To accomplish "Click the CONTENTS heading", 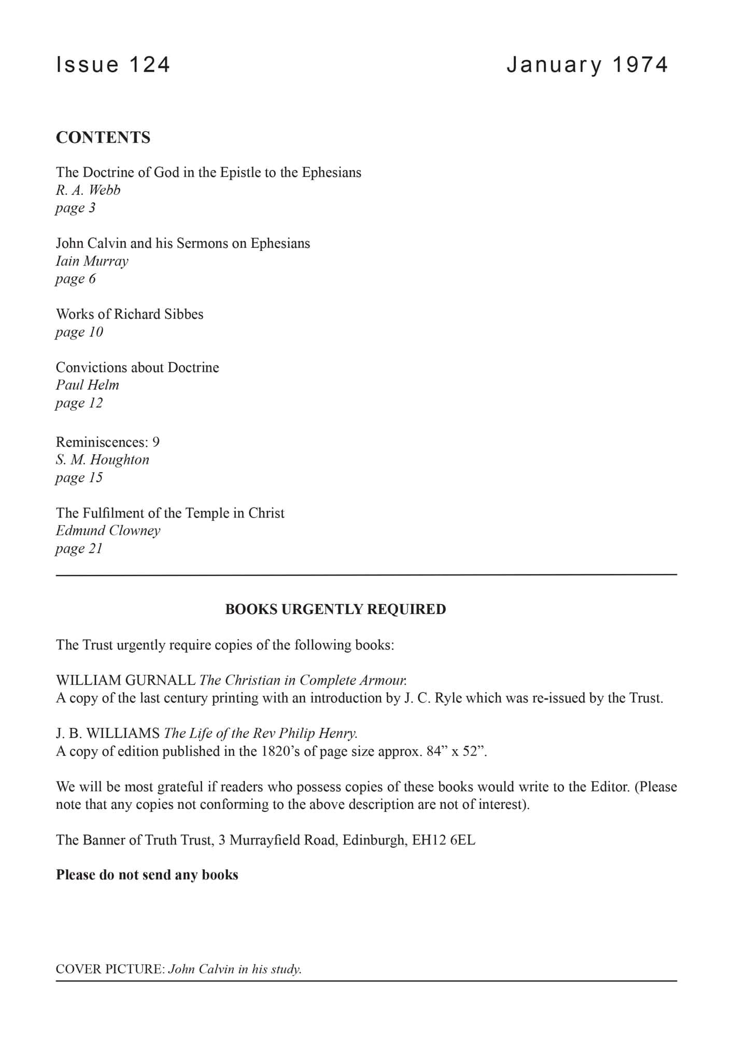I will [103, 137].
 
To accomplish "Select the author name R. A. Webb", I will [88, 190].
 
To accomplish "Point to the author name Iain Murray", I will [92, 261].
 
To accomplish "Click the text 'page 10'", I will [79, 332].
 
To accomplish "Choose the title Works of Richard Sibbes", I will [130, 314].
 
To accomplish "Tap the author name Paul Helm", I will [88, 385].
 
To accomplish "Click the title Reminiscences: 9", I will [108, 442].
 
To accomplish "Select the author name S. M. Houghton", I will [103, 460].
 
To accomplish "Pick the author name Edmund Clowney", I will [108, 531].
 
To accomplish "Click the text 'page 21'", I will [79, 549].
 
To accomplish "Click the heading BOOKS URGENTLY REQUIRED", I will [335, 609].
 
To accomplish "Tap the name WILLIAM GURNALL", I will [125, 680].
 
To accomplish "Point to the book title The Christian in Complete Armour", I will [303, 680].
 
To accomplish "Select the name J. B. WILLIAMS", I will [108, 733].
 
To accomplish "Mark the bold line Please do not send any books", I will [147, 875].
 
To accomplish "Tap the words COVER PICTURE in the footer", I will [110, 969].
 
